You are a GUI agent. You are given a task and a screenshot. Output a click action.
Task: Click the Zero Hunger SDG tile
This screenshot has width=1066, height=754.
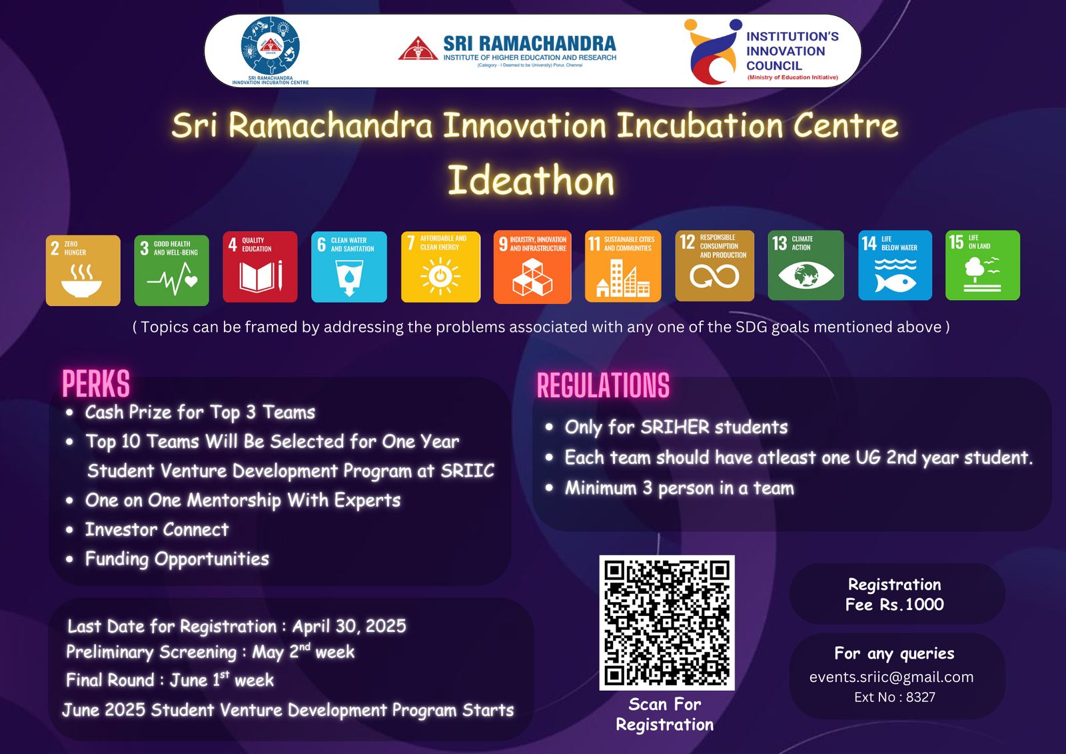(83, 270)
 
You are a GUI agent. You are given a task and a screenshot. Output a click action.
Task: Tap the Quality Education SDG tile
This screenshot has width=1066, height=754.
(260, 267)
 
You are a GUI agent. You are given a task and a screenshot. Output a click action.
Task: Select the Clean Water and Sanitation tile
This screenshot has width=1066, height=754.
(349, 267)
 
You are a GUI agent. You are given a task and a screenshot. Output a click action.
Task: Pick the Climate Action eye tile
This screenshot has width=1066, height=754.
(805, 265)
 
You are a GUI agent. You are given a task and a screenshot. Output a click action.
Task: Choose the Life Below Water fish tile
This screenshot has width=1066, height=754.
(895, 265)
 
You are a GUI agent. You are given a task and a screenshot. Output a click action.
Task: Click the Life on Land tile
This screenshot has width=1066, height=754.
(983, 265)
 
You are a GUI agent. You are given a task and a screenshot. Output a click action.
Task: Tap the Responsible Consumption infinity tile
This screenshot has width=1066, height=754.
(715, 266)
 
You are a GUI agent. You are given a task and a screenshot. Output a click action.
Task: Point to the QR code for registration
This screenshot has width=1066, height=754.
(666, 622)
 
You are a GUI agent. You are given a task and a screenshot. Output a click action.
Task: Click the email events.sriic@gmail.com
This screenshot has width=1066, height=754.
(891, 677)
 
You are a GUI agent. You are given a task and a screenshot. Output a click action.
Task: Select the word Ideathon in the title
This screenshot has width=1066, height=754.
(531, 181)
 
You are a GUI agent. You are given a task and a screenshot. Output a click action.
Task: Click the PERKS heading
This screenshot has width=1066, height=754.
(96, 384)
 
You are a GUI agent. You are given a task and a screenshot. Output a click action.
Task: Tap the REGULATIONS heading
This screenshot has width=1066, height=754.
(603, 386)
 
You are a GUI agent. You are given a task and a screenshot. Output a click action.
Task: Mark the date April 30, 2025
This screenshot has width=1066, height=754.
(349, 626)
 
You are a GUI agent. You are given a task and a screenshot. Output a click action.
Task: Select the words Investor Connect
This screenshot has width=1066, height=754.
(157, 529)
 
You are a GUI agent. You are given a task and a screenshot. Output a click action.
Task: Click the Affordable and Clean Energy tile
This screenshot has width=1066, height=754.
(440, 267)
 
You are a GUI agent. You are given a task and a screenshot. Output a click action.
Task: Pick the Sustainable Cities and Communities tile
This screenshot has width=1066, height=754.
(623, 267)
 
